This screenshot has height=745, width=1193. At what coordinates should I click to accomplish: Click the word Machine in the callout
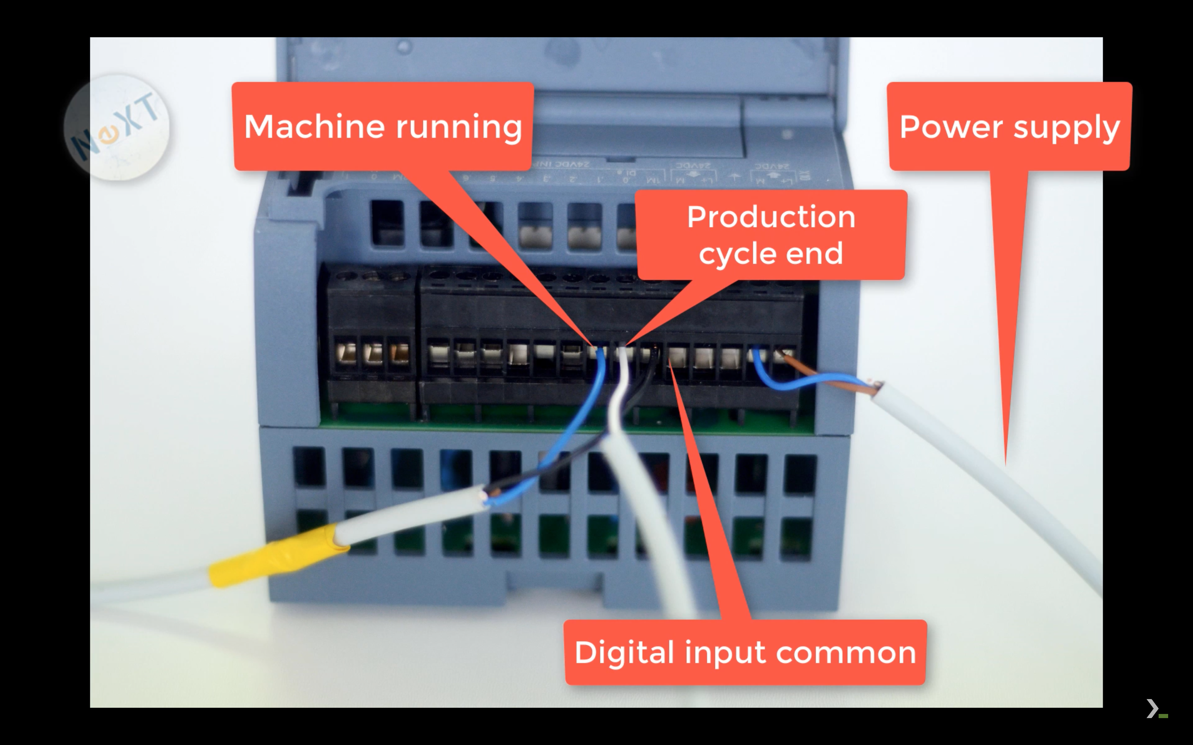314,127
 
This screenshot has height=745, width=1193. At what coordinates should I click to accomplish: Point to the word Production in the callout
770,217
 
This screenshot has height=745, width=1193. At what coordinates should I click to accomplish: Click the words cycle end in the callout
770,253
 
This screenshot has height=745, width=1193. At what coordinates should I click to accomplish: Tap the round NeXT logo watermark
116,127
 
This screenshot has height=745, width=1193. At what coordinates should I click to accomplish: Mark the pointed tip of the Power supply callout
1006,463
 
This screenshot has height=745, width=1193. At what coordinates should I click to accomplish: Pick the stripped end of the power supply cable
875,389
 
